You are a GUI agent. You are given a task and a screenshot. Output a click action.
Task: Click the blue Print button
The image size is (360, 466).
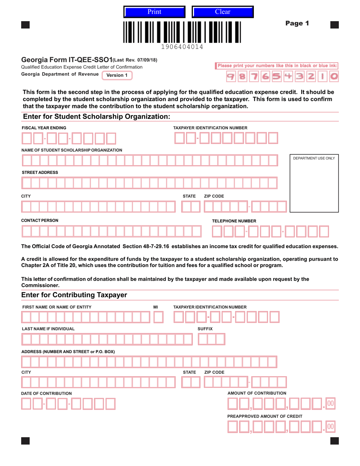[154, 12]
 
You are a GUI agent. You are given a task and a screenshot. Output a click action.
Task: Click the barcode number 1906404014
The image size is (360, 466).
[182, 47]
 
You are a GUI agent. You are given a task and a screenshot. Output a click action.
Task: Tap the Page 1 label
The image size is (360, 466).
[297, 23]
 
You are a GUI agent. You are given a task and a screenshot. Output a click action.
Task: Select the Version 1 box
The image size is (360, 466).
[117, 75]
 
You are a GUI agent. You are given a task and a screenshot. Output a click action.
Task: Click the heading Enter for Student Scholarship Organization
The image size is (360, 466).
[97, 117]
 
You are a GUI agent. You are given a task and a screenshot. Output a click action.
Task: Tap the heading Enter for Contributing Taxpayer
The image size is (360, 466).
[74, 295]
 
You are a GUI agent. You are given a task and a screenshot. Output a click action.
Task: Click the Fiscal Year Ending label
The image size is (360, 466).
[44, 128]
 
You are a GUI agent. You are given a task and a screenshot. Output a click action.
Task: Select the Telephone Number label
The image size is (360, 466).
[234, 221]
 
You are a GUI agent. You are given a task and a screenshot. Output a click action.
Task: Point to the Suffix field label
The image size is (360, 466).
[205, 328]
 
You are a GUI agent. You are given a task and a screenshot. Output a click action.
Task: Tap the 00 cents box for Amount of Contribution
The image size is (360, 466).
[330, 404]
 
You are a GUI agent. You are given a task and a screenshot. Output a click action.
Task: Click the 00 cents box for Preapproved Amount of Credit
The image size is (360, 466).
[330, 427]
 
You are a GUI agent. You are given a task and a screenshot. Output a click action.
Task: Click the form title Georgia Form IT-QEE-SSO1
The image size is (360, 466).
[67, 60]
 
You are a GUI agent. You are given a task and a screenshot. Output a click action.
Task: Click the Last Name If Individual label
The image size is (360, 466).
[48, 328]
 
